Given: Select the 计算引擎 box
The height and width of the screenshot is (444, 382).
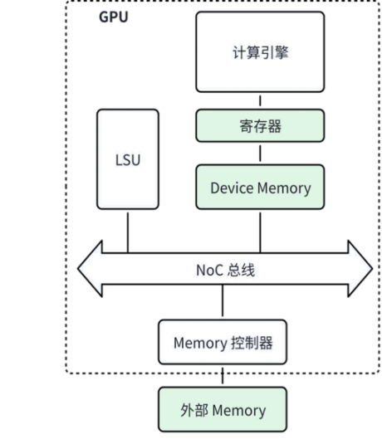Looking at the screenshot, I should pos(260,51).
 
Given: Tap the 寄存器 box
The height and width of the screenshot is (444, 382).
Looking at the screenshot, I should pos(260,126).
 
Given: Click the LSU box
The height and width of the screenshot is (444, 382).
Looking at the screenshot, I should pos(126,159).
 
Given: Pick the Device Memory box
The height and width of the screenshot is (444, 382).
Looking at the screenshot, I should pos(260,188).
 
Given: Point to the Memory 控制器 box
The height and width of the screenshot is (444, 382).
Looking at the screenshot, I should pos(223,341).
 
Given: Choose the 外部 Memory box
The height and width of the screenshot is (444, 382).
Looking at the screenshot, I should pos(223,410).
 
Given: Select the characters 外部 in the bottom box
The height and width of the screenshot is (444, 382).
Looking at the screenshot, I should pos(193,410).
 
